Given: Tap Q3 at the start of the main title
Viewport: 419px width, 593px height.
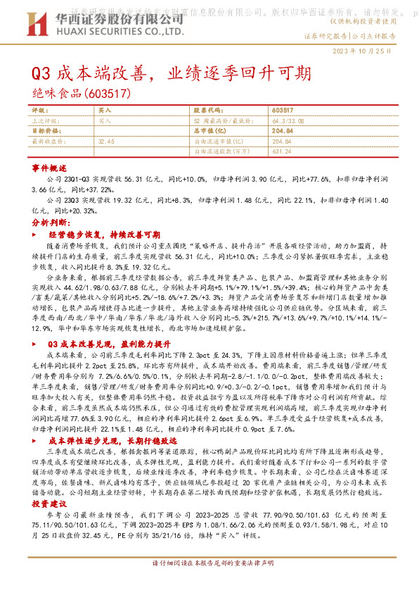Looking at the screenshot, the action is click(x=41, y=73).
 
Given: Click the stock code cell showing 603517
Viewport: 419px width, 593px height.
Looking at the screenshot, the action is click(x=282, y=111).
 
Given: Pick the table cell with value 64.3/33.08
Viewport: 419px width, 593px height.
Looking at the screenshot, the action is click(x=284, y=120).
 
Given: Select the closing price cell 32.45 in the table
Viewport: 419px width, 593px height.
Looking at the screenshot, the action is click(x=107, y=141).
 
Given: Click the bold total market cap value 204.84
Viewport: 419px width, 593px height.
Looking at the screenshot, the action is click(x=282, y=131).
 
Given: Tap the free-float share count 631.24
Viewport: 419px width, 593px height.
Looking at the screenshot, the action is click(x=281, y=151).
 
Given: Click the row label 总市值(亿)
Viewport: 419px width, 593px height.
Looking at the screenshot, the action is click(x=209, y=131).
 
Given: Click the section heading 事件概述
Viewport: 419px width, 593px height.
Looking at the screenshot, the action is click(x=49, y=169).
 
